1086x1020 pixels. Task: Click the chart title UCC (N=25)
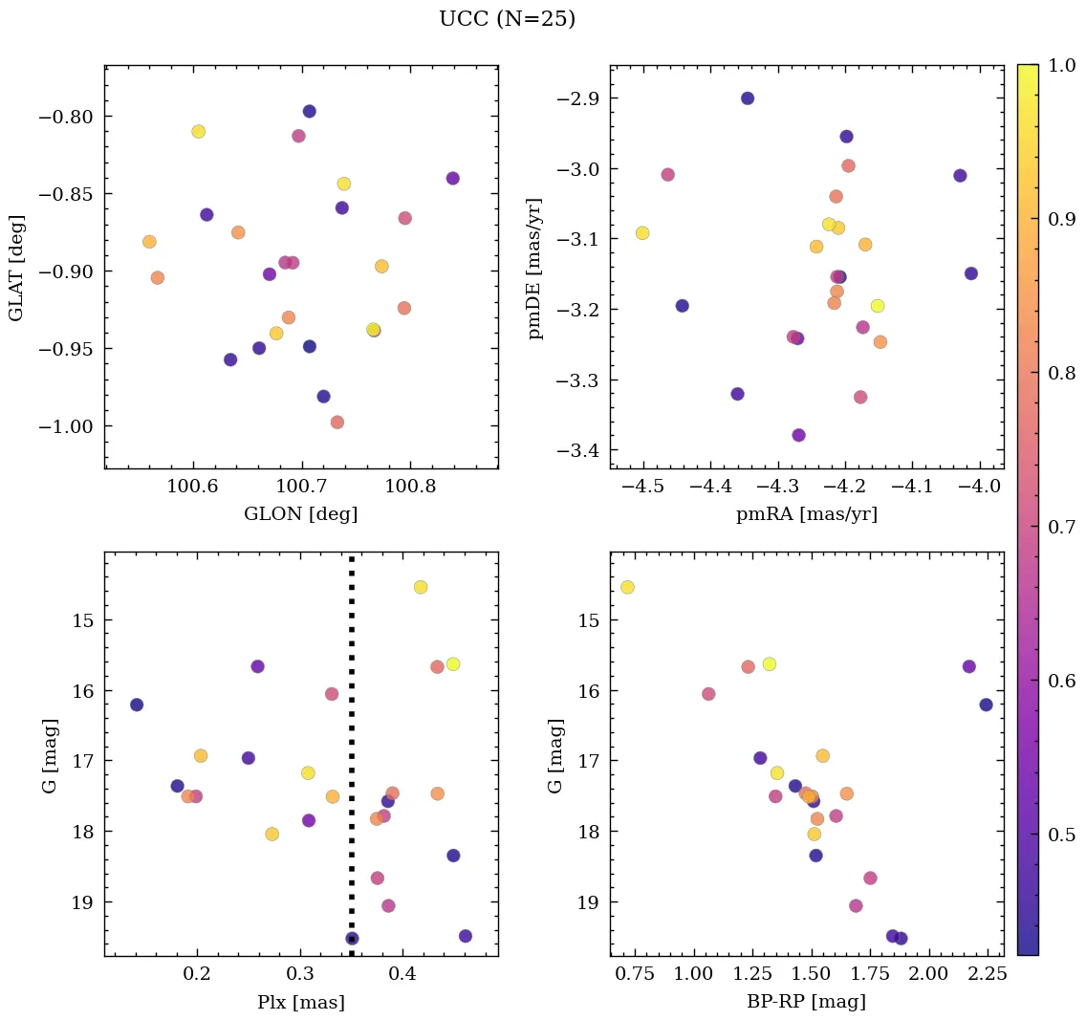[507, 19]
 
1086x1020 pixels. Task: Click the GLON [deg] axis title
[301, 514]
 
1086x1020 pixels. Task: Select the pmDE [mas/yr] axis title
[536, 268]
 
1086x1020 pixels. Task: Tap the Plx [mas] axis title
[301, 1002]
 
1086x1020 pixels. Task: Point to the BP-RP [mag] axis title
[806, 1002]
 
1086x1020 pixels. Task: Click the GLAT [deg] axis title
[16, 268]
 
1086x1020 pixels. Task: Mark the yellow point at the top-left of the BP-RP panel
[627, 587]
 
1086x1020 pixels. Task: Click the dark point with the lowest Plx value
[137, 705]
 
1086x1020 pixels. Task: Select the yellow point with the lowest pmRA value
[642, 233]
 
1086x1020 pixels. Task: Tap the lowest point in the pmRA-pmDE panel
[799, 435]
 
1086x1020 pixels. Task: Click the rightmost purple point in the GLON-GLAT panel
[452, 179]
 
